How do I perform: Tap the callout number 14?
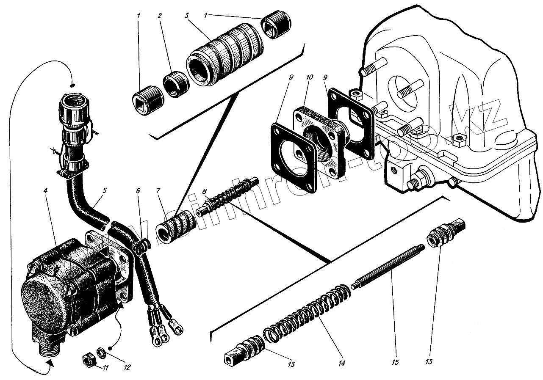point(342,363)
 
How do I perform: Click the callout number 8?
point(205,191)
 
